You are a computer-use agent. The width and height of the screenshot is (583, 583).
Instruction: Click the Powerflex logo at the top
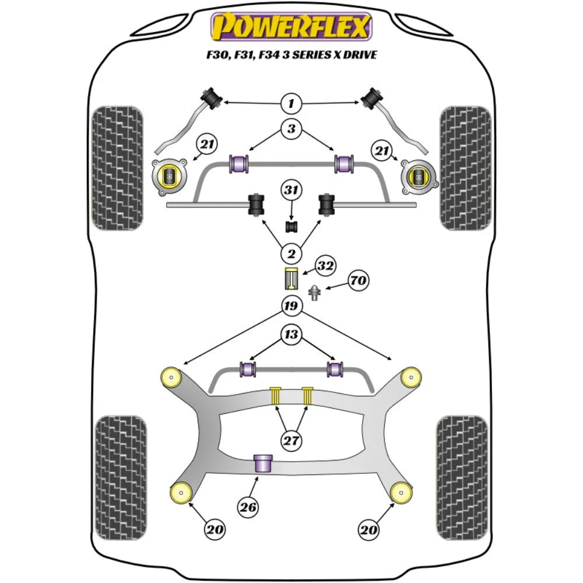291,27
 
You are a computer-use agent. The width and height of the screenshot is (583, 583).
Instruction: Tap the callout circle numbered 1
291,104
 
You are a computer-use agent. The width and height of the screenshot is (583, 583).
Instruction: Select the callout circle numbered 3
291,129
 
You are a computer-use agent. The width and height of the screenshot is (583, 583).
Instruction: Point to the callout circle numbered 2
291,254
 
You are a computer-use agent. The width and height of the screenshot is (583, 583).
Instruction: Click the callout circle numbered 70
358,281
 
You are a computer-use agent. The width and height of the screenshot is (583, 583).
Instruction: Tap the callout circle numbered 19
291,305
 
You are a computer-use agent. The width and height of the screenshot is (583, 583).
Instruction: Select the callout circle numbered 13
291,334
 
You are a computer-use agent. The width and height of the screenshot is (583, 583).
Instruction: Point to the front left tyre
118,168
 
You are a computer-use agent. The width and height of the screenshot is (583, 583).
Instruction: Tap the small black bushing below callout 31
291,226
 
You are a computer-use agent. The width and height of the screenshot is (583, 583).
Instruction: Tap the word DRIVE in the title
358,55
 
